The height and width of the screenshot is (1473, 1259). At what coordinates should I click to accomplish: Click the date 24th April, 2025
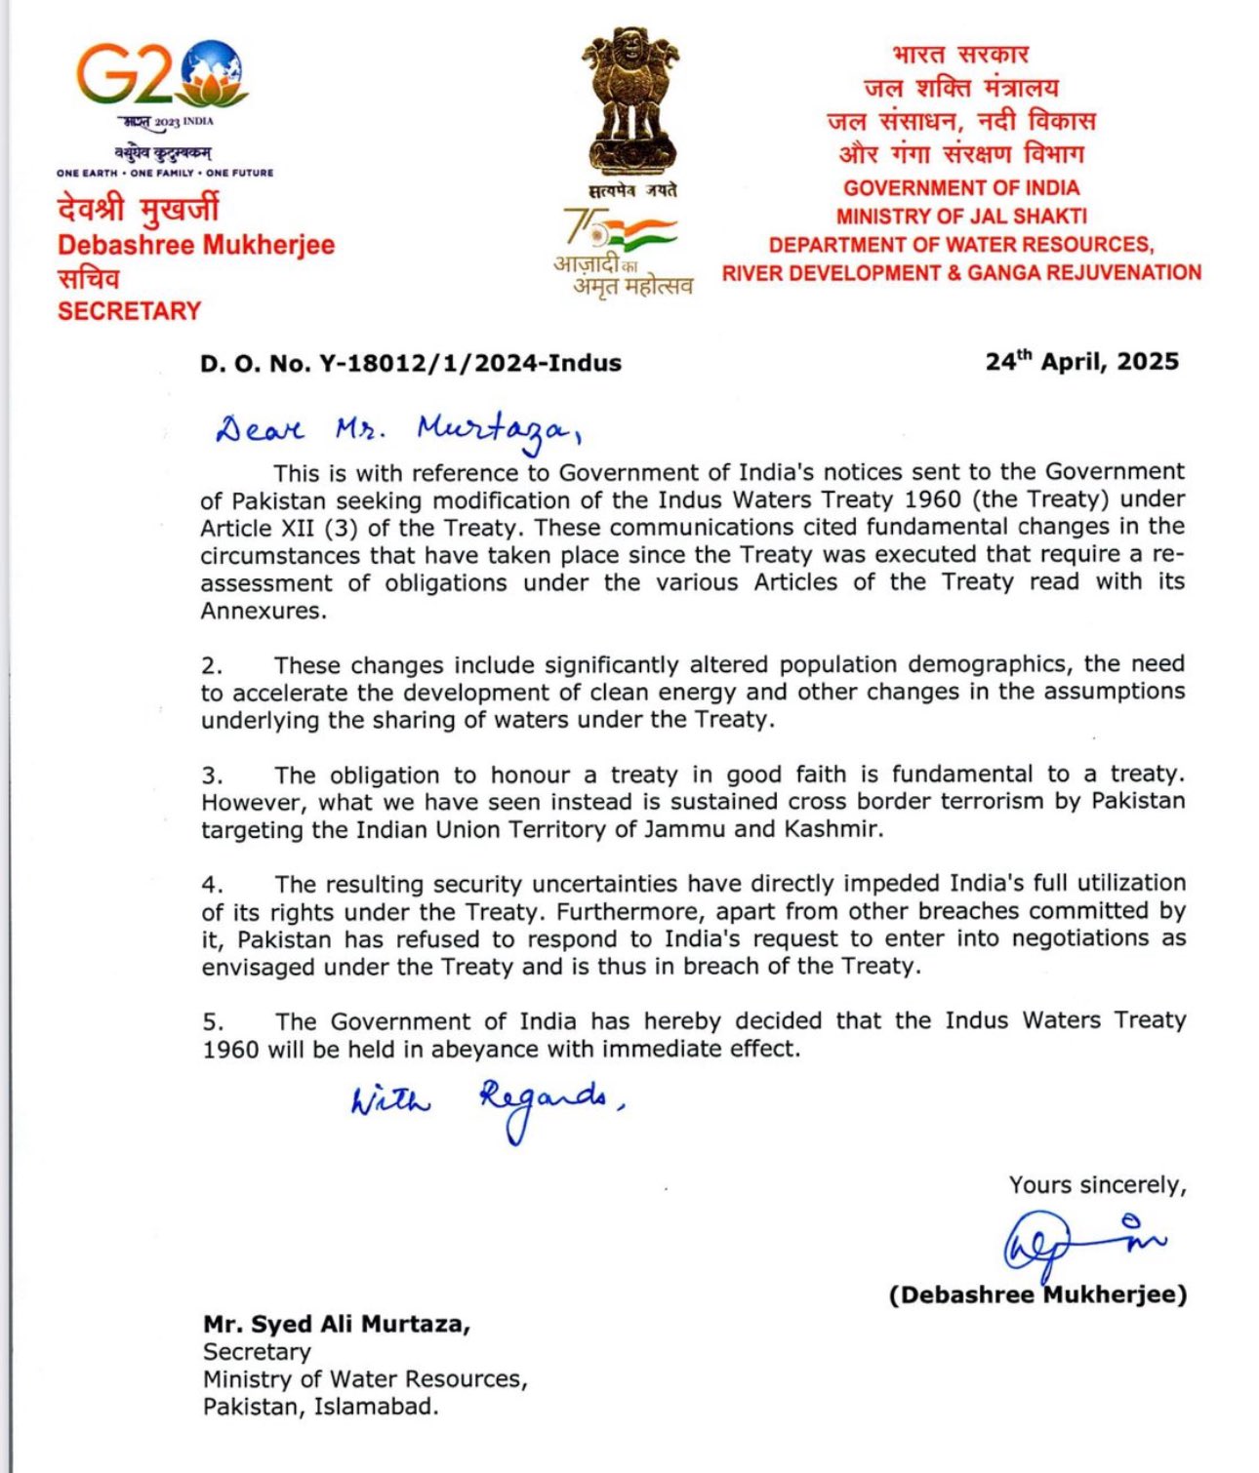1081,361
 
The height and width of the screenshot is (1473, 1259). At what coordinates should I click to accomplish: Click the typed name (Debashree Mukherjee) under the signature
1037,1294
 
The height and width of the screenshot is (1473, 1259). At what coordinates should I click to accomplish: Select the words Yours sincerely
1097,1185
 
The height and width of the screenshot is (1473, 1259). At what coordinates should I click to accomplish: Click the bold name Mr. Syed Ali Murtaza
337,1324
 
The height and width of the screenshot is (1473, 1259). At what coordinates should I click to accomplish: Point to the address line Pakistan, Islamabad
321,1407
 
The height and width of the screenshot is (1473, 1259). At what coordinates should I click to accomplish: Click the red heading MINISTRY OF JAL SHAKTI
960,216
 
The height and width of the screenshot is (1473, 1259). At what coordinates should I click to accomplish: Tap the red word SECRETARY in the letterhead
129,311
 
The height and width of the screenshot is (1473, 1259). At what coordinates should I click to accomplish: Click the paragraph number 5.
213,1022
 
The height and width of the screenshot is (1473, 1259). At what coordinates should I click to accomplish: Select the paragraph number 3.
212,776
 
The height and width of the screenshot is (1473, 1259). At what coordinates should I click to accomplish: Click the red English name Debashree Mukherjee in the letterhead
196,245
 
